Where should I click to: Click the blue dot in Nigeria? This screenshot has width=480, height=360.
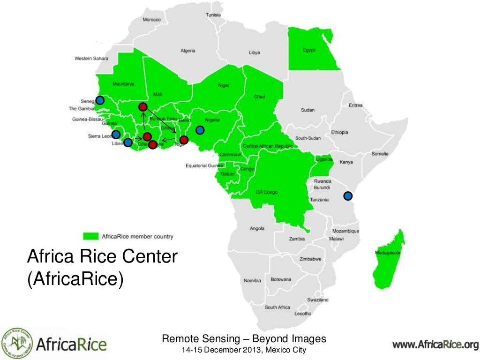(200, 129)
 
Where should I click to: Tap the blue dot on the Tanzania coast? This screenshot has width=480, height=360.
(348, 195)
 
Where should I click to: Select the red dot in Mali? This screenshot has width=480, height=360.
(143, 107)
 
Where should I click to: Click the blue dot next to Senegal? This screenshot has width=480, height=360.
(100, 100)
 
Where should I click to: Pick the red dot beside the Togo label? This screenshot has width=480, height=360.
(184, 140)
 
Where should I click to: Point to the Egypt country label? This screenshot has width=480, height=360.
(309, 50)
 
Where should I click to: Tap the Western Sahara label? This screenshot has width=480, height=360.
(91, 59)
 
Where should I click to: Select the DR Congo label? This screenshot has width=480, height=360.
(267, 192)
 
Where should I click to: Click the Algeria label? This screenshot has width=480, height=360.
(188, 51)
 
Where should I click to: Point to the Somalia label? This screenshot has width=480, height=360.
(380, 154)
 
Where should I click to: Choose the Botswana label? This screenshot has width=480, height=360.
(281, 279)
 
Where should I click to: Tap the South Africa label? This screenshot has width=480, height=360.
(277, 307)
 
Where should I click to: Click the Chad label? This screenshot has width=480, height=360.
(259, 97)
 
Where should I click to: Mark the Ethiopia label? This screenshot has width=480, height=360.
(339, 132)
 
